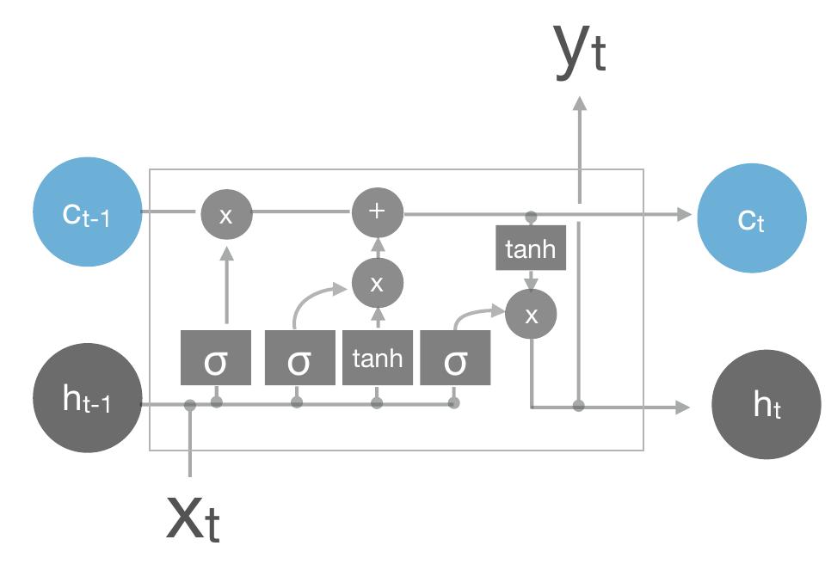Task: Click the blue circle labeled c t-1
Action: pyautogui.click(x=87, y=212)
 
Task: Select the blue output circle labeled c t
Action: pyautogui.click(x=752, y=218)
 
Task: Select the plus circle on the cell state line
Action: pyautogui.click(x=377, y=212)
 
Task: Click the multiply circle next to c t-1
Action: pyautogui.click(x=226, y=214)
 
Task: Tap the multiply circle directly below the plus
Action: pyautogui.click(x=377, y=284)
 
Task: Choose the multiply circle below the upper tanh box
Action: pyautogui.click(x=531, y=315)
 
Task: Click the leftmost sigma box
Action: pyautogui.click(x=216, y=358)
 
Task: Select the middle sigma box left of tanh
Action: pyautogui.click(x=299, y=358)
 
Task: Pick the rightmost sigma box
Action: pyautogui.click(x=455, y=358)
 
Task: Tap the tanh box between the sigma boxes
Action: pyautogui.click(x=377, y=358)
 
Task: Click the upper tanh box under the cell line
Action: pyautogui.click(x=531, y=249)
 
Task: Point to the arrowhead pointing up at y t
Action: pyautogui.click(x=580, y=103)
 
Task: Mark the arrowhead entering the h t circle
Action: pyautogui.click(x=684, y=407)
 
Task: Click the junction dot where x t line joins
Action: pyautogui.click(x=190, y=405)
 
